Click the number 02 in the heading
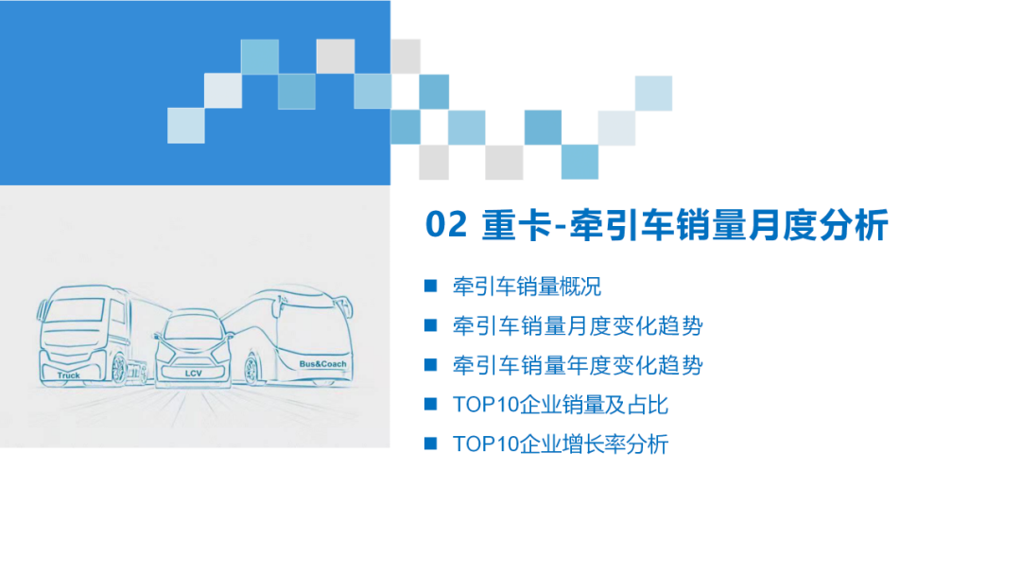click(446, 226)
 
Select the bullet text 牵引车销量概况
click(527, 287)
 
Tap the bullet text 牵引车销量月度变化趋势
click(578, 326)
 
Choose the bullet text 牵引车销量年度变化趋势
click(578, 365)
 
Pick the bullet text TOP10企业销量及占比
click(561, 405)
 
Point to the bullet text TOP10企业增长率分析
click(561, 444)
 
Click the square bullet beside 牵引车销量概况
click(430, 286)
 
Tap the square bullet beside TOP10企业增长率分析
click(430, 443)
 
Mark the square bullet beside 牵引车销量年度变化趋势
click(430, 364)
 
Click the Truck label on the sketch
click(68, 375)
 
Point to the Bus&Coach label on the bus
click(322, 364)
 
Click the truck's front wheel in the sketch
click(119, 369)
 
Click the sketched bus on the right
click(303, 336)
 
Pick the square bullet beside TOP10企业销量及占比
click(430, 404)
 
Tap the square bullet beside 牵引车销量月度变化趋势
click(430, 325)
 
